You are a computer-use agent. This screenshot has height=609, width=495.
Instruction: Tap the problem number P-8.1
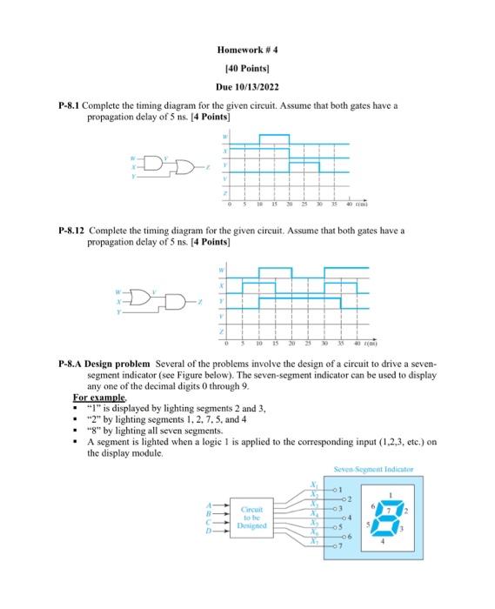click(x=70, y=105)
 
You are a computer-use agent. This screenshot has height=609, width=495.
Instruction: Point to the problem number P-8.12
click(x=72, y=231)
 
